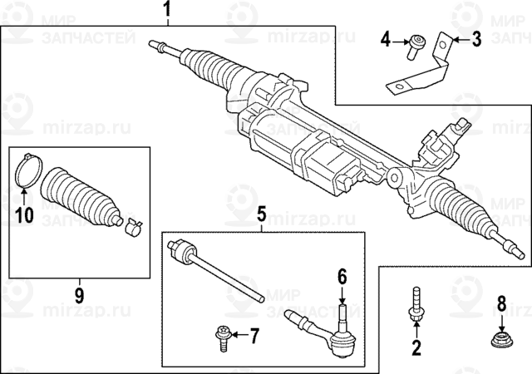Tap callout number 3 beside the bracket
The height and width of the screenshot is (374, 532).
click(476, 38)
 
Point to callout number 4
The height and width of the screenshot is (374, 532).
click(386, 39)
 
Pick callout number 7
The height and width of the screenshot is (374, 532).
click(254, 335)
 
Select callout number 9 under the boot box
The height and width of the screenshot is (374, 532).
click(80, 293)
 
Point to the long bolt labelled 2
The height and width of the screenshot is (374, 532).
click(413, 303)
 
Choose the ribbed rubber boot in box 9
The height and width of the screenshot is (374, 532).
click(81, 198)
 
